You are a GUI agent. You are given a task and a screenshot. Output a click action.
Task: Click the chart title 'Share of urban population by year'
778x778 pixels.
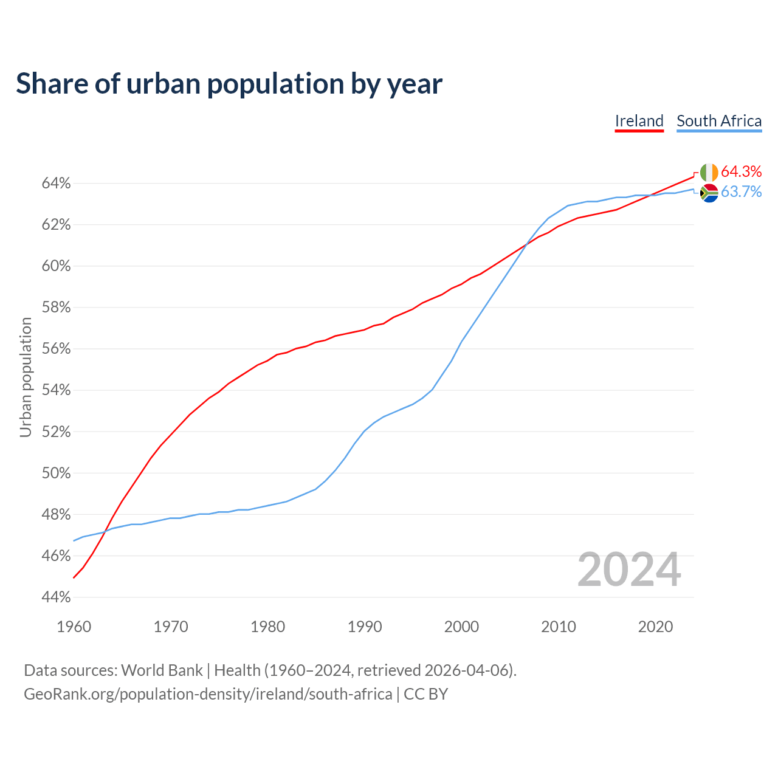coord(229,84)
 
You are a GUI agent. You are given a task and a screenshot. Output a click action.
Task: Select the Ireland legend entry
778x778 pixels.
coord(639,121)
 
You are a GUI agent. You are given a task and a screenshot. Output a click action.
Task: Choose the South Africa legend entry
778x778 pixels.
coord(719,121)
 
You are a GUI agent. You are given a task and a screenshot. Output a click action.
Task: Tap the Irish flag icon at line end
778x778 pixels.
coord(709,173)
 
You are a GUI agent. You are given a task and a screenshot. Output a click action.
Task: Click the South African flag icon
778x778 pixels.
coord(709,193)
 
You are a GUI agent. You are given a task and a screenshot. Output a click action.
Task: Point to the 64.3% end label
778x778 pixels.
coord(741,171)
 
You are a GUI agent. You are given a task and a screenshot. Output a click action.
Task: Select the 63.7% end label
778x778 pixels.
coord(741,192)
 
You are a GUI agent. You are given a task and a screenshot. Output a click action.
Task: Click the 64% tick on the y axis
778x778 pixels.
coord(56,184)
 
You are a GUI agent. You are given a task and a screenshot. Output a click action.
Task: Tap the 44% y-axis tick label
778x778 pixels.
coord(56,597)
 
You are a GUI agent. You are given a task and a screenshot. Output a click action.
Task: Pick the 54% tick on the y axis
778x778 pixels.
coord(56,390)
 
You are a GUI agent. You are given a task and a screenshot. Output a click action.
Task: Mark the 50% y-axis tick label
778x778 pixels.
coord(56,473)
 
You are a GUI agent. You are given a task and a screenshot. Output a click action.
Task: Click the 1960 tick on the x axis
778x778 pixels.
coord(74,627)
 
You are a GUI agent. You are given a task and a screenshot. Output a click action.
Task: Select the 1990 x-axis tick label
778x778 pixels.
coord(365,627)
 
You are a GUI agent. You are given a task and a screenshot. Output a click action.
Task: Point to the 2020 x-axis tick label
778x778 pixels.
coord(655,627)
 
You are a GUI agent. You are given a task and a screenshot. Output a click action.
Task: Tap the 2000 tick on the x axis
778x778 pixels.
coord(461,627)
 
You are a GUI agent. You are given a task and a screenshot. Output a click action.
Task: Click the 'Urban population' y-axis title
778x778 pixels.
coord(26,377)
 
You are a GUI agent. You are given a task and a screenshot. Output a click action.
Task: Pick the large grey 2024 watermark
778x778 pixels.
coord(629,570)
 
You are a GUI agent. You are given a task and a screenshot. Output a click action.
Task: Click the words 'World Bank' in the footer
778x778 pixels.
coord(162,670)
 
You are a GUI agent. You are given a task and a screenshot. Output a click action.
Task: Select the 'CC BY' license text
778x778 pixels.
coord(425,694)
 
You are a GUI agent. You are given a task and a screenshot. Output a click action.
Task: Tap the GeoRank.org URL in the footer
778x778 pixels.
coord(208,694)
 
